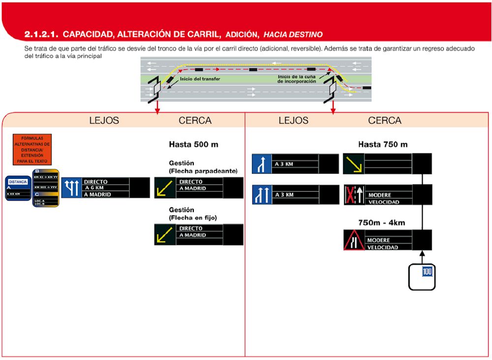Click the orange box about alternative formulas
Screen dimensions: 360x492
pyautogui.click(x=32, y=150)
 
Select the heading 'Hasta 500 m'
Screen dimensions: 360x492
pyautogui.click(x=193, y=145)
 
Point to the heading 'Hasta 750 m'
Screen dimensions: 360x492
pyautogui.click(x=383, y=144)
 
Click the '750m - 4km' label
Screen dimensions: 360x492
pyautogui.click(x=382, y=222)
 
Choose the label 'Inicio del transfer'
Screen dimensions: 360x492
pyautogui.click(x=200, y=79)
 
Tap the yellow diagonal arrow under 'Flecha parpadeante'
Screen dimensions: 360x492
pyautogui.click(x=164, y=188)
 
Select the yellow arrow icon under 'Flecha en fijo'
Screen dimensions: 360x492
pyautogui.click(x=164, y=235)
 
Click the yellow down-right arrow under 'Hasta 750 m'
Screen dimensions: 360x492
pyautogui.click(x=353, y=164)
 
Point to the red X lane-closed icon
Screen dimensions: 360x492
pyautogui.click(x=350, y=195)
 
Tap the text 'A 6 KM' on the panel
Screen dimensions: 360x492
pyautogui.click(x=95, y=188)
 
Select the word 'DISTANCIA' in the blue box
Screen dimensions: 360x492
pyautogui.click(x=18, y=182)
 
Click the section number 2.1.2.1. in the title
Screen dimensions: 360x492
pyautogui.click(x=41, y=34)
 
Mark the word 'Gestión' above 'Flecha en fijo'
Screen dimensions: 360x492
pyautogui.click(x=182, y=210)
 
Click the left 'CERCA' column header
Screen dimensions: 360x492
pyautogui.click(x=195, y=120)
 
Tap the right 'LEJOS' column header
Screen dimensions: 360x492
pyautogui.click(x=293, y=120)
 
